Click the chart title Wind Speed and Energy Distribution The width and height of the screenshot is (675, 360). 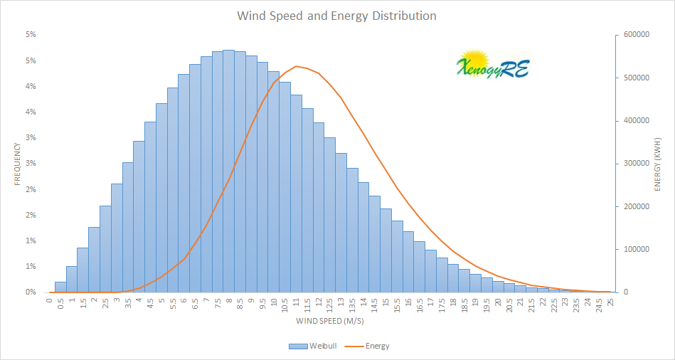(x=336, y=16)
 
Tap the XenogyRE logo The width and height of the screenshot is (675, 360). (x=492, y=65)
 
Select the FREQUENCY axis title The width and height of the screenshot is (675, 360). (x=17, y=163)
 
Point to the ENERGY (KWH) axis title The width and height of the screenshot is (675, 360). (x=658, y=163)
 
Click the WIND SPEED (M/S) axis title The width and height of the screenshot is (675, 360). (x=330, y=322)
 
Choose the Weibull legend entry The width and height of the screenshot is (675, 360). (x=309, y=346)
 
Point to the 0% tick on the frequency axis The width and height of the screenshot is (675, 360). (x=31, y=292)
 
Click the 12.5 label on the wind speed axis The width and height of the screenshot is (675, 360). (x=330, y=304)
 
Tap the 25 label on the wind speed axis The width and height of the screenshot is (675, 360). (x=611, y=302)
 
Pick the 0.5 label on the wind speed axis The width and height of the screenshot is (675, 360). (x=60, y=303)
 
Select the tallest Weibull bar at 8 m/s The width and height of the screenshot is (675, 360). (x=229, y=171)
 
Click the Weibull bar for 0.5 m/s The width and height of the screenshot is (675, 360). (x=60, y=287)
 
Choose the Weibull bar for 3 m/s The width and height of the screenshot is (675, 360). (x=117, y=238)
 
